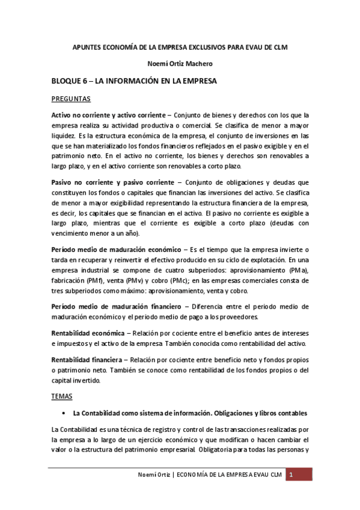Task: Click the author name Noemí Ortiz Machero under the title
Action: pyautogui.click(x=180, y=63)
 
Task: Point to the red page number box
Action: pyautogui.click(x=299, y=476)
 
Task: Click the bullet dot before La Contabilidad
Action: pyautogui.click(x=64, y=414)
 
